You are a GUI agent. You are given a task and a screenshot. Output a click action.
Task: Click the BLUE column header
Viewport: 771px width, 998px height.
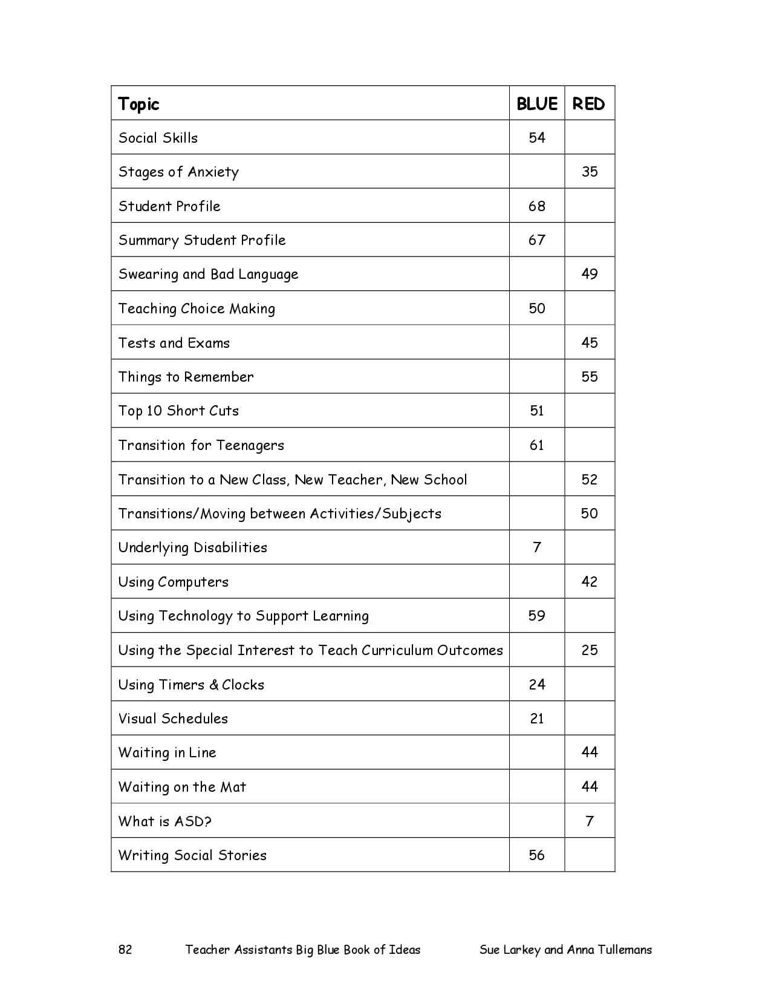click(536, 104)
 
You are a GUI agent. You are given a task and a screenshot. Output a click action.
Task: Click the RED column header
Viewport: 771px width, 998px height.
click(588, 104)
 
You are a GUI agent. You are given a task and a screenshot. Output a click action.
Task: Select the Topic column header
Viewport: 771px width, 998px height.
click(138, 104)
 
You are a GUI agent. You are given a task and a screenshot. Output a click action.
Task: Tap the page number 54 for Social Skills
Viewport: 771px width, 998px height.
click(536, 138)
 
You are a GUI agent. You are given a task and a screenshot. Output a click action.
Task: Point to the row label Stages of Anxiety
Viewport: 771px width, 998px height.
click(178, 172)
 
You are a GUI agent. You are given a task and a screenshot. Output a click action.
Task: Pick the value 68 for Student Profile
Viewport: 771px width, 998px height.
click(536, 206)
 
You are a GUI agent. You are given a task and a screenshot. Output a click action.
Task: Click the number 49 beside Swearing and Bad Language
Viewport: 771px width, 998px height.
click(589, 274)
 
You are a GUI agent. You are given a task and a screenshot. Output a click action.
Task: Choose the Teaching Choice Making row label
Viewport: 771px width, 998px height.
click(197, 309)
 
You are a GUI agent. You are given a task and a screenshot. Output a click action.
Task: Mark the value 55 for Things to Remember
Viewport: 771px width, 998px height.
click(589, 377)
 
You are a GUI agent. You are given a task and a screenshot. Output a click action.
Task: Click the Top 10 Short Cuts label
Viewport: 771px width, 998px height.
click(178, 411)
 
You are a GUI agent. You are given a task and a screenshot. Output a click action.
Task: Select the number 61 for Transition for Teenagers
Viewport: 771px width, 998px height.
click(536, 445)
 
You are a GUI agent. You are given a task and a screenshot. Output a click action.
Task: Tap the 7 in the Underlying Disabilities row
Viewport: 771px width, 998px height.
click(536, 547)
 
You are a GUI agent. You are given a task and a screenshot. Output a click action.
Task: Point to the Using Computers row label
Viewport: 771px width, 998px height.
click(174, 582)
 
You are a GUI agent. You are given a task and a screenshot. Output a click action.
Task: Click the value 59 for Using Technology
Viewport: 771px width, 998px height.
click(536, 616)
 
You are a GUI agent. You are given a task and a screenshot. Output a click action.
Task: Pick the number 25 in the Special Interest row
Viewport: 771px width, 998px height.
click(589, 650)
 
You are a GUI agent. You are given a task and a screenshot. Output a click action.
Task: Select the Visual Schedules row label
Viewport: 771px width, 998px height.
click(173, 719)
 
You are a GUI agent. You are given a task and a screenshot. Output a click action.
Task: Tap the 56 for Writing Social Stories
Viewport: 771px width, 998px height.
click(536, 855)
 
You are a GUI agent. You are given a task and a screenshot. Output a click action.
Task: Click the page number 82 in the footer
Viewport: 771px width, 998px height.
click(125, 950)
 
